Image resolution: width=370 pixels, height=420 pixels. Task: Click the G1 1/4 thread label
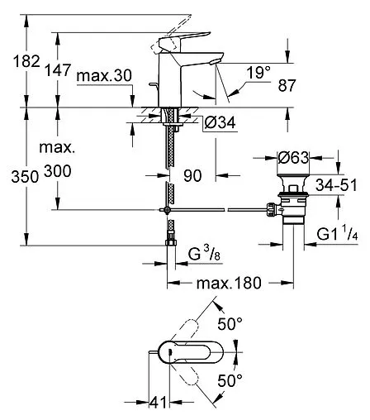337,236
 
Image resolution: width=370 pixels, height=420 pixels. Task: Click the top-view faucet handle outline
190,351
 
